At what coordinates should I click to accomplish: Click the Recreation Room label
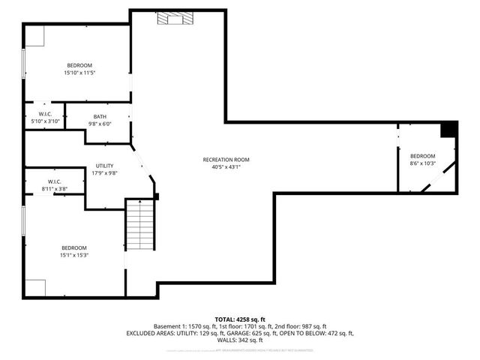pyautogui.click(x=226, y=160)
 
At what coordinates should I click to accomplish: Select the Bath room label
pyautogui.click(x=100, y=116)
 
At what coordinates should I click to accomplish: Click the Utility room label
pyautogui.click(x=104, y=166)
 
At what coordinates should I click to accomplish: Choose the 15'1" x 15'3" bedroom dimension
pyautogui.click(x=74, y=255)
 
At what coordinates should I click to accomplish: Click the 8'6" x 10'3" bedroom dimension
pyautogui.click(x=422, y=163)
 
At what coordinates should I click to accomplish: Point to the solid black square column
pyautogui.click(x=448, y=129)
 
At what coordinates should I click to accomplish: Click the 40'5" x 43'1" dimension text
pyautogui.click(x=226, y=167)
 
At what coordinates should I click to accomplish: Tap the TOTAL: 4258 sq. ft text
pyautogui.click(x=240, y=319)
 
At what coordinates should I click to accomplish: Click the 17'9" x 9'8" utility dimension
pyautogui.click(x=104, y=172)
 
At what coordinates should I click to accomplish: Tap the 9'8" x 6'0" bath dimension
pyautogui.click(x=100, y=124)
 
